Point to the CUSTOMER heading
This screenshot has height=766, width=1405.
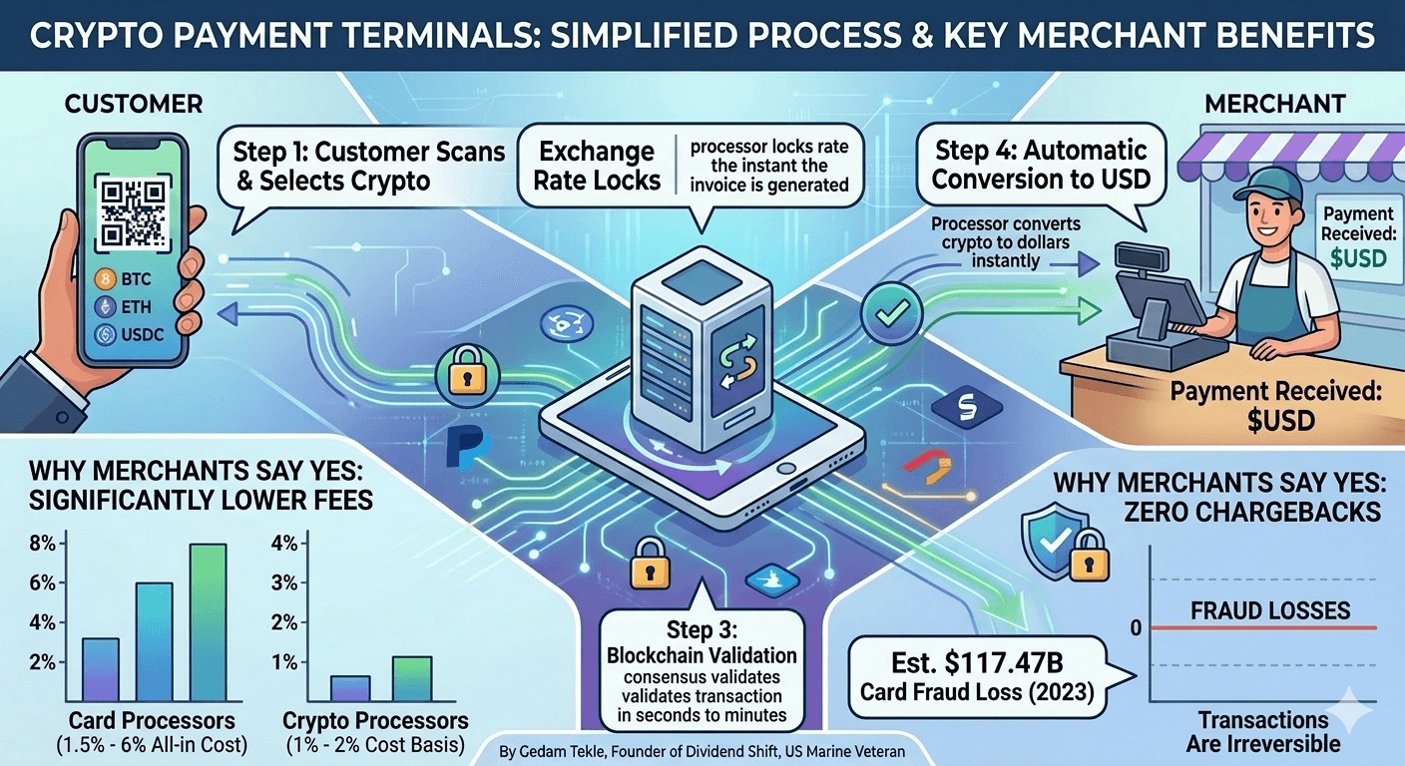coord(134,103)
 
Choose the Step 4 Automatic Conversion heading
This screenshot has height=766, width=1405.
coord(1041,166)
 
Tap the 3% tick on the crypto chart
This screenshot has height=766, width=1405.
coord(284,583)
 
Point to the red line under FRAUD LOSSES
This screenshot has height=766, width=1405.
coord(1263,627)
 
